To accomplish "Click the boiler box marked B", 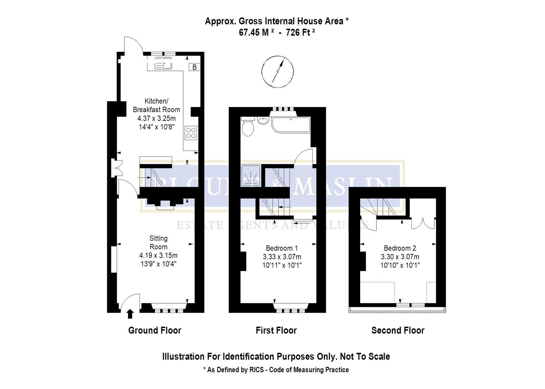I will [194, 67].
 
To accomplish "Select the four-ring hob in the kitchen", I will [191, 133].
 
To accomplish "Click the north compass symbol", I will [278, 72].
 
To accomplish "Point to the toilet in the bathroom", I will [248, 128].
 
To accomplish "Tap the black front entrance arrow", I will [130, 314].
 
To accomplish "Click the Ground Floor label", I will [155, 330].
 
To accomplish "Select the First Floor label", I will [276, 330].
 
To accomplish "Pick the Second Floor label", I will [398, 330].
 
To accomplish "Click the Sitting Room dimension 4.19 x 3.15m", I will [158, 255].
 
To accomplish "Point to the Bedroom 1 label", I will [281, 248].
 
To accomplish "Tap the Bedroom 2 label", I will [400, 248].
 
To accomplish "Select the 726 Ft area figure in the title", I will [301, 32].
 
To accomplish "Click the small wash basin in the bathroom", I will [264, 121].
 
